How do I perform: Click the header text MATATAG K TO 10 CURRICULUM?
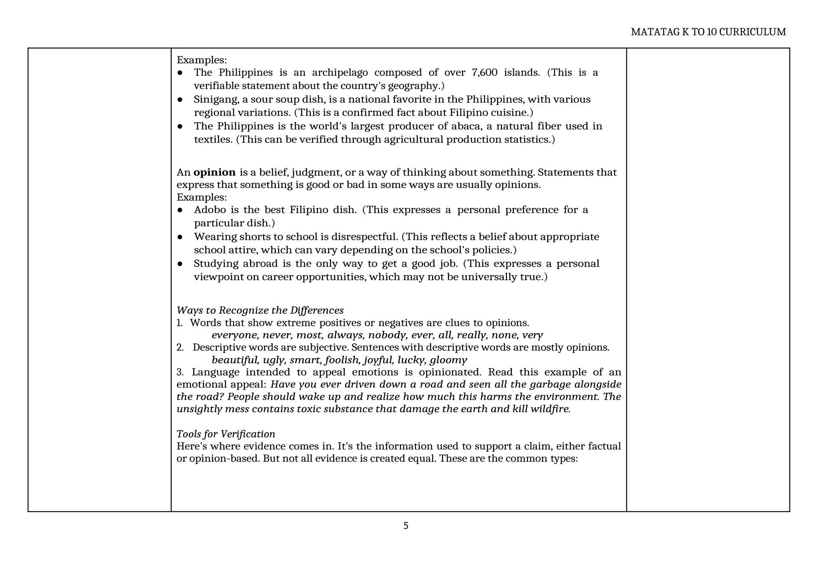pos(708,32)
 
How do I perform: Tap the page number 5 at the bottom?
pos(406,526)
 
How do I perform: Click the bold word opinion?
pos(214,172)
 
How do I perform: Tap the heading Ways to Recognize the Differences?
pos(260,310)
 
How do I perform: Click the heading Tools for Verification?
pos(226,434)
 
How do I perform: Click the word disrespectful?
pos(365,237)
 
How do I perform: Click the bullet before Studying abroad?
pos(180,264)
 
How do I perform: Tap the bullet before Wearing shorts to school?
pos(180,237)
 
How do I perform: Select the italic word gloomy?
pos(448,360)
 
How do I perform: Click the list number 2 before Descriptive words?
pos(180,348)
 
